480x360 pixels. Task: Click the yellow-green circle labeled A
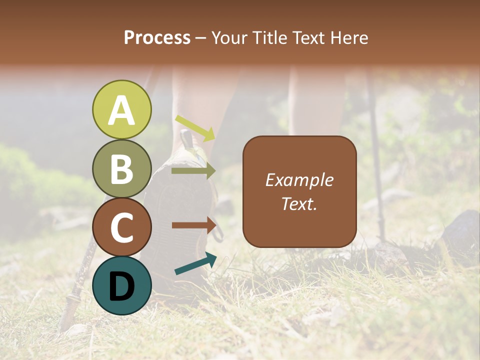[122, 109]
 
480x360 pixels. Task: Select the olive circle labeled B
[122, 168]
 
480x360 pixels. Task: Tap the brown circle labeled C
[122, 227]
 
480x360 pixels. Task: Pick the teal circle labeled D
[122, 285]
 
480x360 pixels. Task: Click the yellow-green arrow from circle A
[195, 128]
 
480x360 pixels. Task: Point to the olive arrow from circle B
[193, 171]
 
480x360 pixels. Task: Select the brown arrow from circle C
[194, 225]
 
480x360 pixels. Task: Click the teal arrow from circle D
[195, 263]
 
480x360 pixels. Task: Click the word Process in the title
[157, 38]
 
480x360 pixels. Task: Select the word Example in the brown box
[299, 180]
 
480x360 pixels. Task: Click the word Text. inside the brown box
[299, 203]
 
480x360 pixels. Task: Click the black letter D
[122, 286]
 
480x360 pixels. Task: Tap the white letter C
[122, 227]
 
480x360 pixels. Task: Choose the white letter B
[122, 169]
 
